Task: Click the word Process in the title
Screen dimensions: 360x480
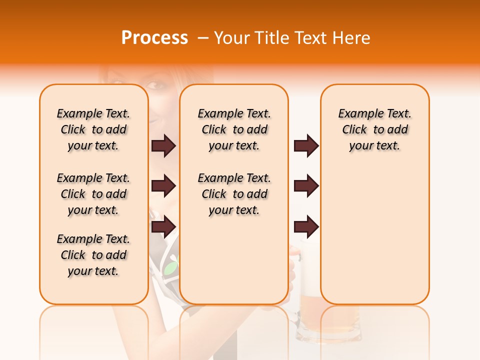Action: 154,38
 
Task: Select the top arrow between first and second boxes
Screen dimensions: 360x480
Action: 163,146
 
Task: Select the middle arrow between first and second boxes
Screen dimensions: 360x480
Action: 163,186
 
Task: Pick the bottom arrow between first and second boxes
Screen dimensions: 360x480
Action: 163,226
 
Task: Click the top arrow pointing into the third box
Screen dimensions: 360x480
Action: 306,146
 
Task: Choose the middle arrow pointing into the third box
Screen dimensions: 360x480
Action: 306,186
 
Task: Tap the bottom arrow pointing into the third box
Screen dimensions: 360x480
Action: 306,226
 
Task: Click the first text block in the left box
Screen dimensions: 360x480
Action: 93,129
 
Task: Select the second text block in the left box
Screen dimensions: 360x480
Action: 93,194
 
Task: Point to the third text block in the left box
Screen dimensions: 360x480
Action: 93,255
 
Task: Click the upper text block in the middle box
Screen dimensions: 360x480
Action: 234,129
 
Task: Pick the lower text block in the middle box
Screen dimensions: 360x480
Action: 234,194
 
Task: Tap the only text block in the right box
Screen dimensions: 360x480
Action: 374,129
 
